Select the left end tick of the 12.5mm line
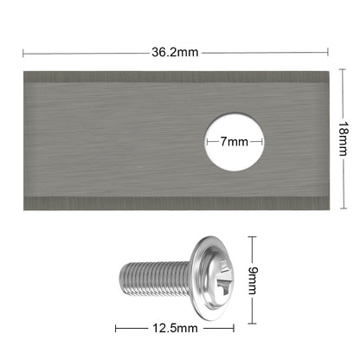(x=117, y=329)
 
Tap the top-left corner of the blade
(x=24, y=68)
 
